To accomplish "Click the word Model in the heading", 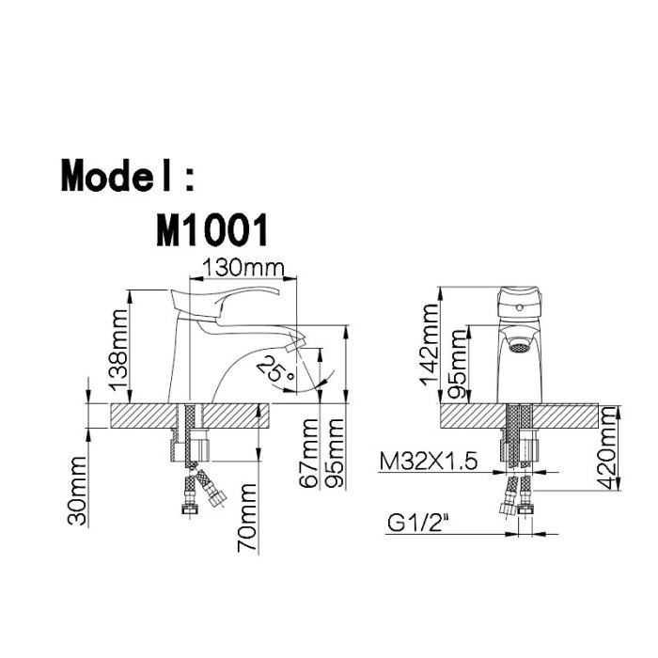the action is click(117, 176).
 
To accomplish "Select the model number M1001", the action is click(211, 230).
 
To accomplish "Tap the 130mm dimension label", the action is click(243, 268).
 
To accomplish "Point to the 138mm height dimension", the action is click(118, 350).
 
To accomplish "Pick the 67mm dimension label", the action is click(308, 453).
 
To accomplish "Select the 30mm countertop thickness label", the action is click(77, 491).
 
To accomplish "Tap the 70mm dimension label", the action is click(246, 517).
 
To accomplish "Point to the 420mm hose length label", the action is click(607, 447).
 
